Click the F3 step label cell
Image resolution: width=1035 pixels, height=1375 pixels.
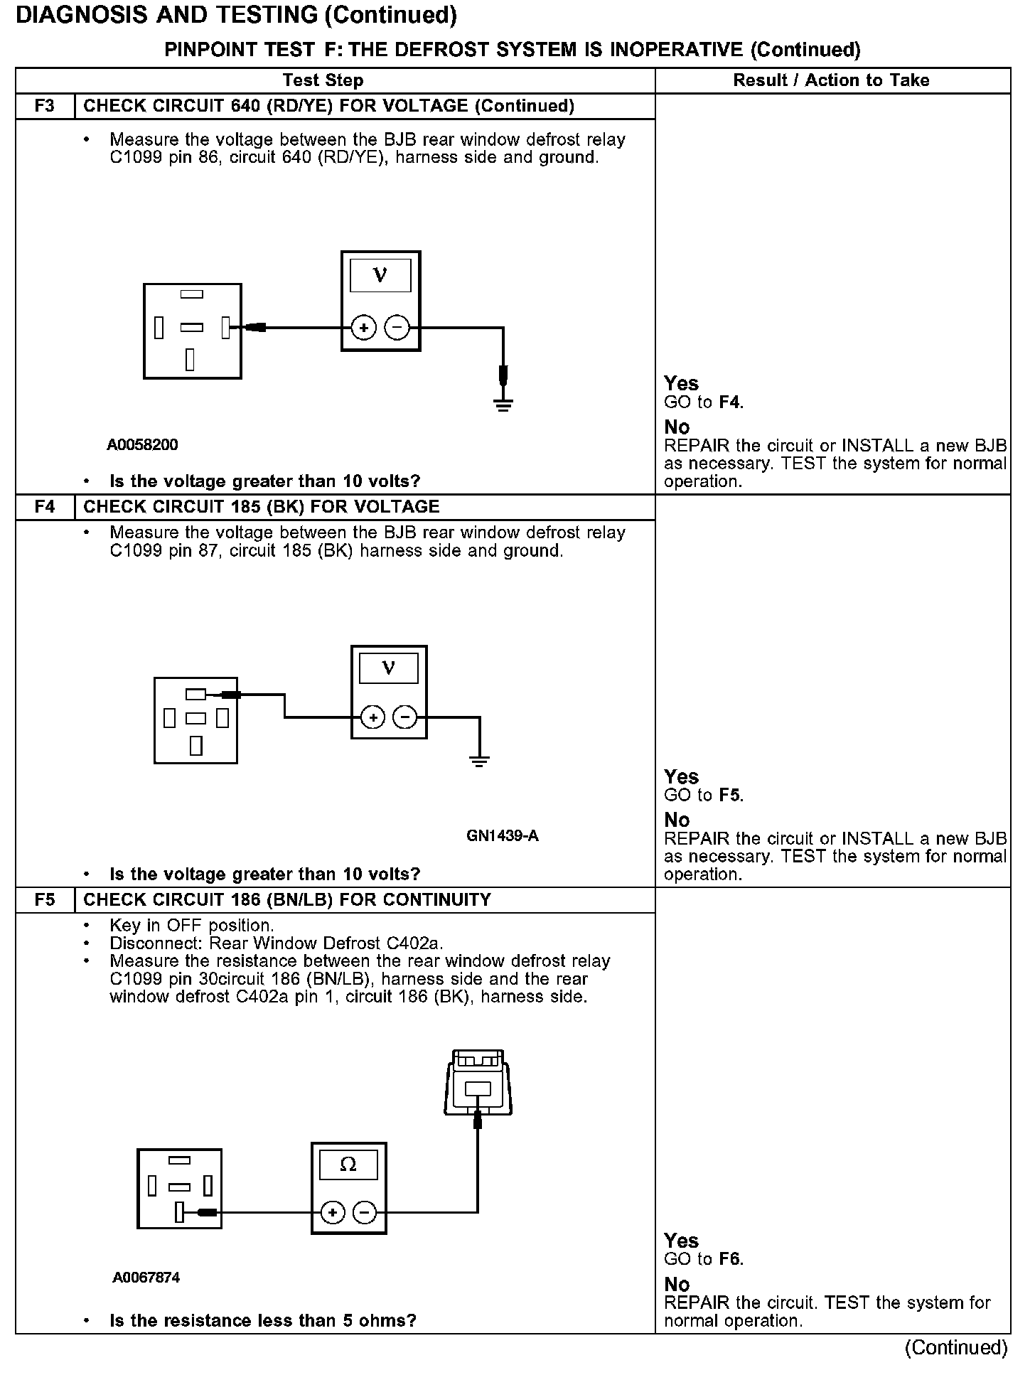pyautogui.click(x=44, y=106)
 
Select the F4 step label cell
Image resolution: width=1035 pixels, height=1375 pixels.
pyautogui.click(x=44, y=507)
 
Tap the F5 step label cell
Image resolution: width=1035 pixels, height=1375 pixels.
pyautogui.click(x=44, y=900)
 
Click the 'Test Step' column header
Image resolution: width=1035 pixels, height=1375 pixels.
pyautogui.click(x=323, y=80)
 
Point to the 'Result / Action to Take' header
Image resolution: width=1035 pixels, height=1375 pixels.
pyautogui.click(x=831, y=80)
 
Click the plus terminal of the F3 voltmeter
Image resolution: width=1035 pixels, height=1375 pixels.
pyautogui.click(x=364, y=328)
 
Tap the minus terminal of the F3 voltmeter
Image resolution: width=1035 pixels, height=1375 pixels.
pyautogui.click(x=397, y=328)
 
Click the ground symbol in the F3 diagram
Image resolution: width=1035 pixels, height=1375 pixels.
pyautogui.click(x=503, y=405)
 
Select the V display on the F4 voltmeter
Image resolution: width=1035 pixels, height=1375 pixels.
pyautogui.click(x=389, y=668)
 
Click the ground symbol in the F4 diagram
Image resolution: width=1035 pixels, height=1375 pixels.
pyautogui.click(x=480, y=762)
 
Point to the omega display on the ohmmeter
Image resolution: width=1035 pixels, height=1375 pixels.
pyautogui.click(x=348, y=1165)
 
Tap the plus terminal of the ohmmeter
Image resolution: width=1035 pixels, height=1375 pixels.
pyautogui.click(x=333, y=1212)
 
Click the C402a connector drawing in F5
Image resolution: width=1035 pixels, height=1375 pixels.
pyautogui.click(x=477, y=1083)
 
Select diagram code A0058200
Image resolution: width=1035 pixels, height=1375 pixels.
pyautogui.click(x=142, y=445)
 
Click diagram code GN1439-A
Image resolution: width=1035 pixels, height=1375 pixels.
pyautogui.click(x=503, y=836)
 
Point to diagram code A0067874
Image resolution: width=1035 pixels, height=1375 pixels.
pyautogui.click(x=146, y=1278)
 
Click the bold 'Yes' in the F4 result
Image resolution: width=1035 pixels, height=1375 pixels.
pyautogui.click(x=681, y=776)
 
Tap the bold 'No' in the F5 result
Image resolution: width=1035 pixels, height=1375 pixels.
pyautogui.click(x=677, y=1284)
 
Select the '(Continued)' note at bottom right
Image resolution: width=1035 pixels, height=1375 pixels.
pyautogui.click(x=956, y=1347)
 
